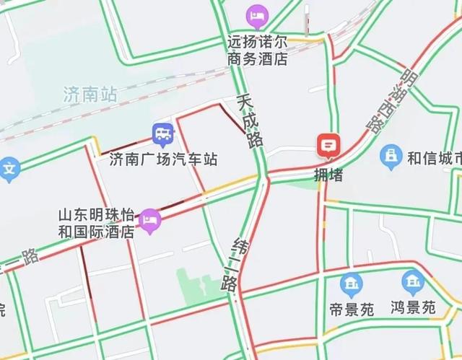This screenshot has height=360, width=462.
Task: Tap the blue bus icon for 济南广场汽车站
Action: [x=162, y=133]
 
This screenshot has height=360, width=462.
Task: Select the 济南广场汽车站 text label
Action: [x=163, y=159]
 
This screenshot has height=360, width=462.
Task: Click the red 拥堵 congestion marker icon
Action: [x=328, y=146]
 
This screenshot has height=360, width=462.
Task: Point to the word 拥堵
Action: [x=328, y=175]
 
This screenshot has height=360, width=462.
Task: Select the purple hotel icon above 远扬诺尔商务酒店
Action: [x=256, y=14]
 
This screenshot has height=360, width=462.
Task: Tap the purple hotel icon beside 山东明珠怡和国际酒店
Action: [x=149, y=219]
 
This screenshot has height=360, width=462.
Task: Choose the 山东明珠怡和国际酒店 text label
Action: [x=97, y=224]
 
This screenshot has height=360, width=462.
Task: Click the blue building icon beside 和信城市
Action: [x=392, y=156]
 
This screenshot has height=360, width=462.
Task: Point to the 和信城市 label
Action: [x=434, y=157]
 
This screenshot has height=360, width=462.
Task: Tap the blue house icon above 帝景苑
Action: [x=352, y=284]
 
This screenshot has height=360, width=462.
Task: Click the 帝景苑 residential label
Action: [x=352, y=309]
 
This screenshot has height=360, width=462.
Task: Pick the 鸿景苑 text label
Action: [x=413, y=308]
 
